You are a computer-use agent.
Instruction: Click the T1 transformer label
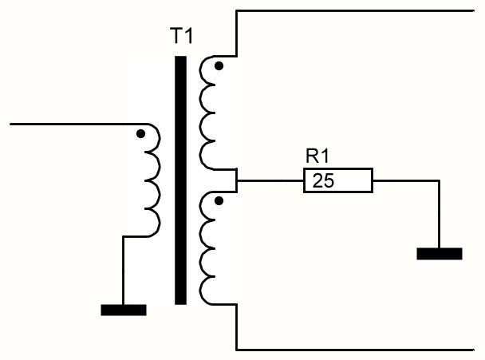tap(182, 36)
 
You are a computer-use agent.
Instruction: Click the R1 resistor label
tap(317, 156)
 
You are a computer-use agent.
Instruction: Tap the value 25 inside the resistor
tap(323, 180)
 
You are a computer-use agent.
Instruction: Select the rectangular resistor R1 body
tap(338, 180)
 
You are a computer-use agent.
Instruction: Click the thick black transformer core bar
tap(180, 180)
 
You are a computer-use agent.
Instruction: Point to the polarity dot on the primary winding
tap(140, 134)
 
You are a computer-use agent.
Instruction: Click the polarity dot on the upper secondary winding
tap(219, 66)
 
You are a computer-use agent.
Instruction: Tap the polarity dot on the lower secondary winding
tap(219, 201)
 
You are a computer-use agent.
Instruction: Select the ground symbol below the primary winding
tap(124, 310)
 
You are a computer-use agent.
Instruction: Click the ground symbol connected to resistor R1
tap(440, 254)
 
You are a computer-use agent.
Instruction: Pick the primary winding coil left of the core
tap(152, 180)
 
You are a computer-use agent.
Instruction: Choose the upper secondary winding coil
tap(208, 113)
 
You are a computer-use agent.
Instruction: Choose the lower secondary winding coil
tap(208, 248)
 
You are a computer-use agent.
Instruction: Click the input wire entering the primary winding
tap(79, 125)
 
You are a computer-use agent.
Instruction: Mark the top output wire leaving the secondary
tap(355, 11)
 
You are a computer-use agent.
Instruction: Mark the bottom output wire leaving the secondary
tap(355, 350)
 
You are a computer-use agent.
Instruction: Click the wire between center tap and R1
tap(270, 180)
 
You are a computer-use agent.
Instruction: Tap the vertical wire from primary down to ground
tap(123, 271)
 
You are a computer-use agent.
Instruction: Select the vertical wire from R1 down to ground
tap(439, 214)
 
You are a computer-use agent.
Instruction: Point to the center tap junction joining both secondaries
tap(237, 180)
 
